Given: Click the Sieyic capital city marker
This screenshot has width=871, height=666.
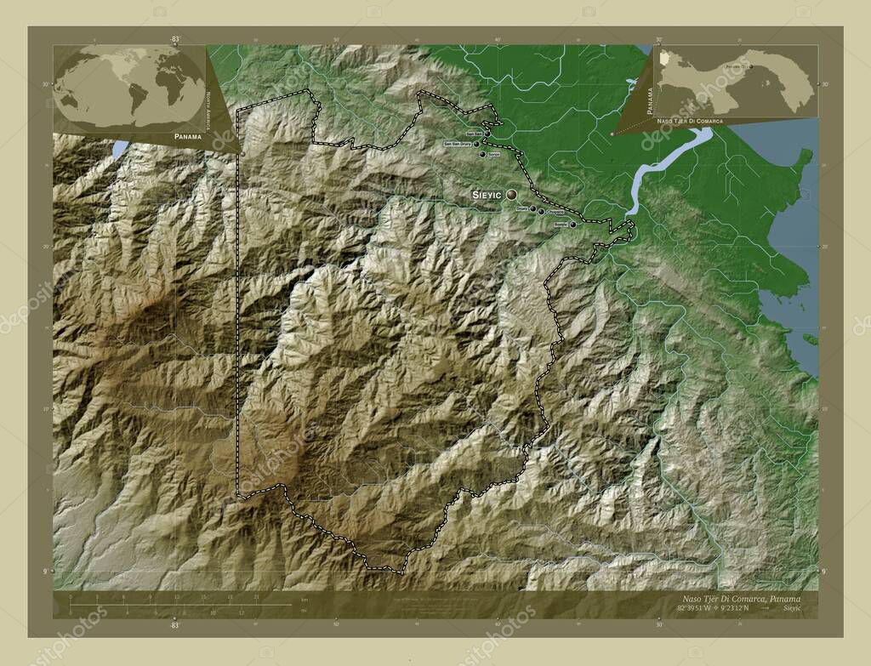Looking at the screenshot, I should [x=511, y=195].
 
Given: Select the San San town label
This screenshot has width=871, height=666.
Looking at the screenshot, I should [x=473, y=134].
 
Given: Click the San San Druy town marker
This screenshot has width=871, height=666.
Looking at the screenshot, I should [x=476, y=145].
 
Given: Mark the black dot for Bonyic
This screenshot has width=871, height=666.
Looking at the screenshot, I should [x=572, y=225].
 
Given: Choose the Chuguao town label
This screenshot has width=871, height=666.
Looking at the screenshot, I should [x=555, y=212].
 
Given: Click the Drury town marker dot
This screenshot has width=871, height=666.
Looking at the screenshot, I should [x=533, y=208].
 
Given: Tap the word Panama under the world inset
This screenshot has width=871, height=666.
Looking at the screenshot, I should [x=186, y=136].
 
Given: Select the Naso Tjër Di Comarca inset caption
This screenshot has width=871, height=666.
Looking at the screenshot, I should [x=689, y=122].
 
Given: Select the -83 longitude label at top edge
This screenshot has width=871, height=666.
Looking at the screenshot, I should [x=175, y=39].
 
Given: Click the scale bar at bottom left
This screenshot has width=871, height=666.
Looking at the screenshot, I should [x=170, y=605].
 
